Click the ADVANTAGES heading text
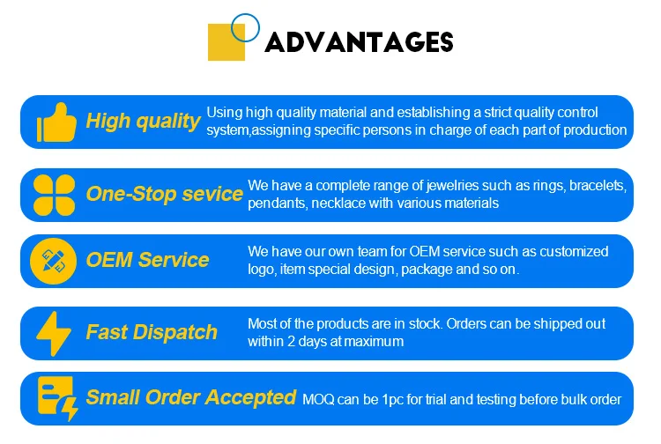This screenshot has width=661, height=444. (359, 42)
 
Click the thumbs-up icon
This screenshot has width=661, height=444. (56, 122)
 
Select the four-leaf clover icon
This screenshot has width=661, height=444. (54, 195)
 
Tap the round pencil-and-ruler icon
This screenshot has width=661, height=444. (54, 261)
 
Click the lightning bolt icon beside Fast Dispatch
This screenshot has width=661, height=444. (54, 334)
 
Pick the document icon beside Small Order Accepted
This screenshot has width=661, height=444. (57, 398)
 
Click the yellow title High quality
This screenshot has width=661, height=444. (143, 122)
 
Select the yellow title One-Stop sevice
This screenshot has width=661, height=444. (165, 194)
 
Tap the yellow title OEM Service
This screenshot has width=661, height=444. (147, 260)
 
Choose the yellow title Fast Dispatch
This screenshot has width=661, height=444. (152, 332)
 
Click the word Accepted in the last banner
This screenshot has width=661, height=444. (251, 397)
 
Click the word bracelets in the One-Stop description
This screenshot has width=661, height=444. (598, 186)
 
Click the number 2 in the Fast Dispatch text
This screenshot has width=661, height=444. (291, 341)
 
